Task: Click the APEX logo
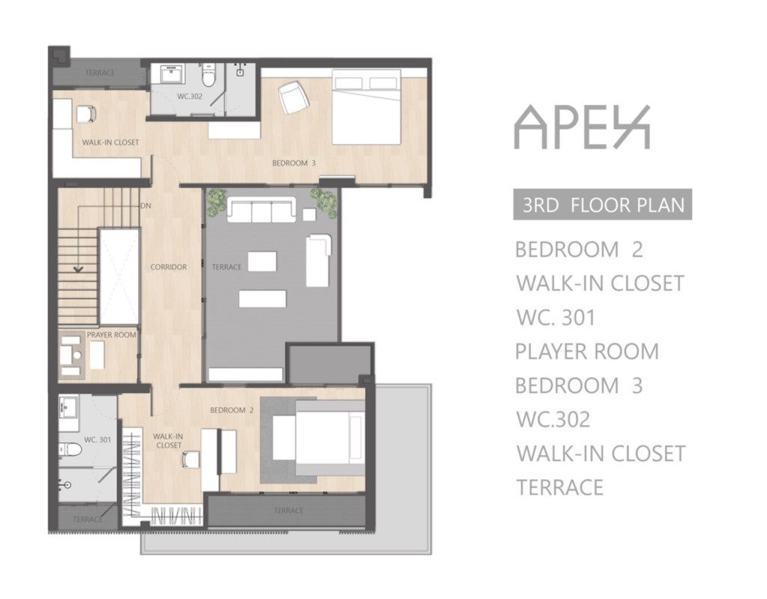coord(582,127)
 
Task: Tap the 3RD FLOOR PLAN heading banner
coord(603,204)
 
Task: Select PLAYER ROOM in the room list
coord(587,352)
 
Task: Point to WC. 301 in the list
coord(556,317)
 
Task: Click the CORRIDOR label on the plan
coord(169,267)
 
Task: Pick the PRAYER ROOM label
coord(112,335)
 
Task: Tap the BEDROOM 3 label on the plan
coord(294,163)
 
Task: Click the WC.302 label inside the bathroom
coord(190,97)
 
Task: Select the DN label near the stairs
coord(146,206)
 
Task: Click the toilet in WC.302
coord(209,74)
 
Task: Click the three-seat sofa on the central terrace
coord(261,210)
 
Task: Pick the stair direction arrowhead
coord(78,269)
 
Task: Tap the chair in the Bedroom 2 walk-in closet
coord(190,459)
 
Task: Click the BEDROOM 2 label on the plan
coord(232,410)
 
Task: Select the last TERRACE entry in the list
coord(560,487)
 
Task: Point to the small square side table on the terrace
coord(309,215)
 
